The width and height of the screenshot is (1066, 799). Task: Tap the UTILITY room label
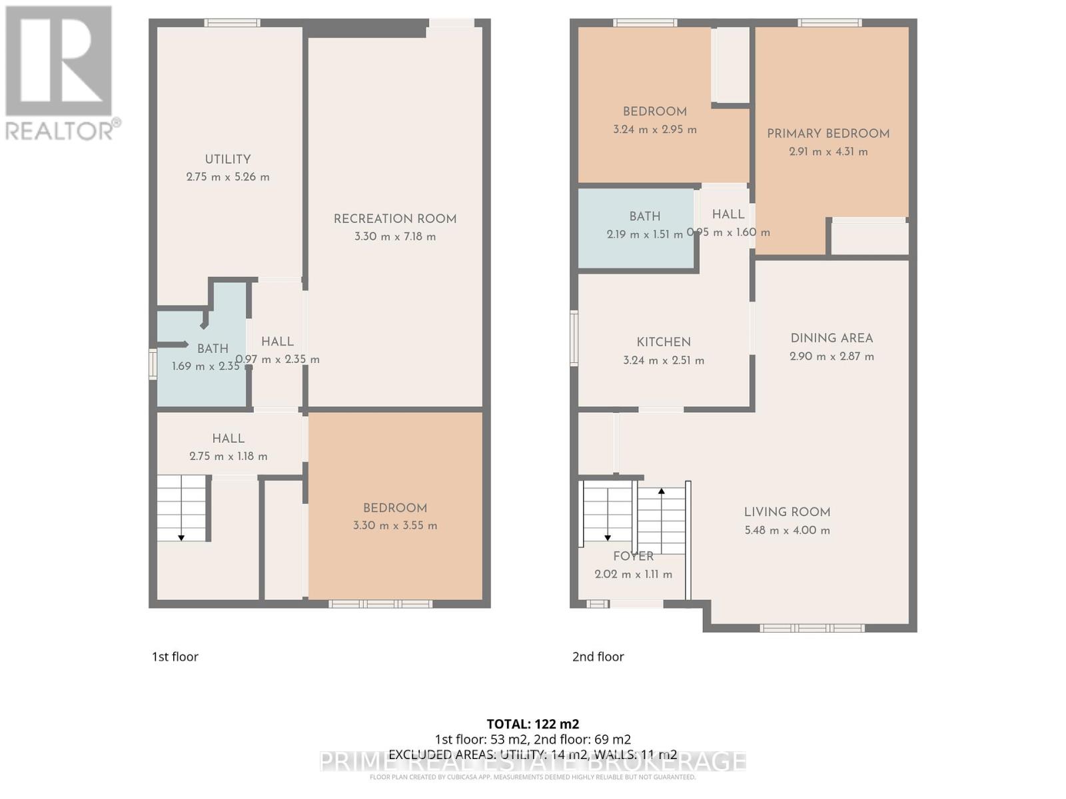[228, 159]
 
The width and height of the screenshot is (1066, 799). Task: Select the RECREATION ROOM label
[395, 218]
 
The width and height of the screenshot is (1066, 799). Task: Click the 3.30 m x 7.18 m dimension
[395, 236]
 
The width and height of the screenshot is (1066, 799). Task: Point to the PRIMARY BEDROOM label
[828, 133]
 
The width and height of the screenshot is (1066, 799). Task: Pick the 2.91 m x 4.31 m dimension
[828, 152]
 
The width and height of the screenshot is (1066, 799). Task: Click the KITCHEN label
[664, 342]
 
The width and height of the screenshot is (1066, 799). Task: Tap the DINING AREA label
[831, 338]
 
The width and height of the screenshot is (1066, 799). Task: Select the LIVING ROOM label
[787, 512]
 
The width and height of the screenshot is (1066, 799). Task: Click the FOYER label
[633, 556]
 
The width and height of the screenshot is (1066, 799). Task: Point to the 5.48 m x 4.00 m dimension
[787, 531]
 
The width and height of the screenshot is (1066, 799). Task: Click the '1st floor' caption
[175, 657]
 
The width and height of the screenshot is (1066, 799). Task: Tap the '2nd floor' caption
[598, 657]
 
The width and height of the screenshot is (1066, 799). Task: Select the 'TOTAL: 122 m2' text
[533, 724]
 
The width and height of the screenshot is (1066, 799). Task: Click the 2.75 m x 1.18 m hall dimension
[228, 457]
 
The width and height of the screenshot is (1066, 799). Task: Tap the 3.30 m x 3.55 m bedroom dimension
[395, 526]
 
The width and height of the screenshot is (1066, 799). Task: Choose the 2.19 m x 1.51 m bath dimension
[644, 234]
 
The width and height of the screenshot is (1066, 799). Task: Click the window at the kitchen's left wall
[574, 338]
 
